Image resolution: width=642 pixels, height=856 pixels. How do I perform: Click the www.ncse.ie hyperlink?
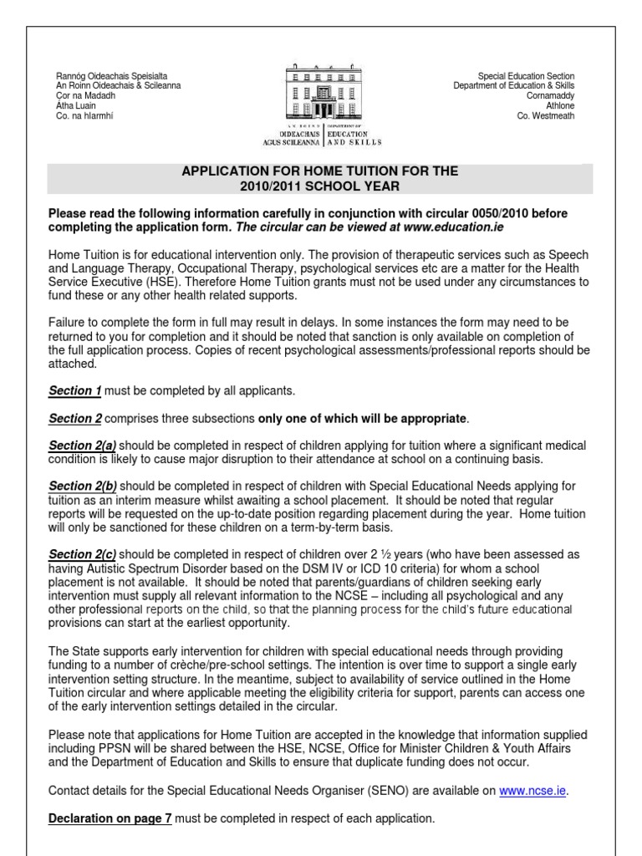tap(532, 790)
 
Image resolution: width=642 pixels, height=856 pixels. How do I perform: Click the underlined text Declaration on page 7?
tap(110, 818)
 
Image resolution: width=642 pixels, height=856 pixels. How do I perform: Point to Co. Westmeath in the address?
tap(547, 116)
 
